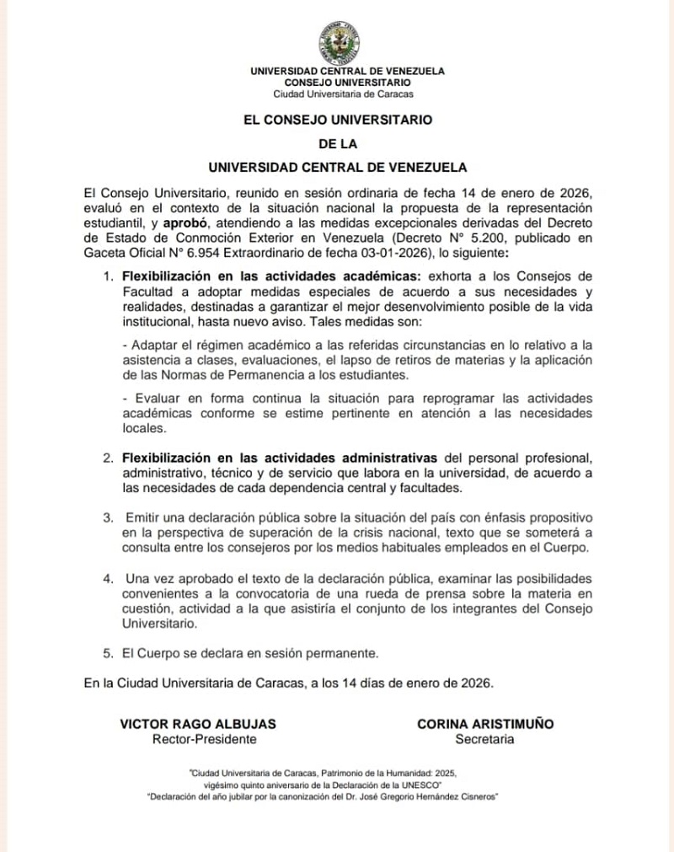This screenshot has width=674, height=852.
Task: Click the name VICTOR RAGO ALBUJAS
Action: coord(198,724)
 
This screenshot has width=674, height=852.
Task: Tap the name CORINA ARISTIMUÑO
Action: coord(485,724)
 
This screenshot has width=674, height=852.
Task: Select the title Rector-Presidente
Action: coord(204,739)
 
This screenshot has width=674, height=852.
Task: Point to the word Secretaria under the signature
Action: coord(484,739)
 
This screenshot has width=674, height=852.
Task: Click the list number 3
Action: coord(108,515)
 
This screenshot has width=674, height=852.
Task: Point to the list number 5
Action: coord(108,652)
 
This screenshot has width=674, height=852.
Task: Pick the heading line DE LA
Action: coord(337,143)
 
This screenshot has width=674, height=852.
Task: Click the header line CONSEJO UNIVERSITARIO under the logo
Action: coord(348,83)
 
